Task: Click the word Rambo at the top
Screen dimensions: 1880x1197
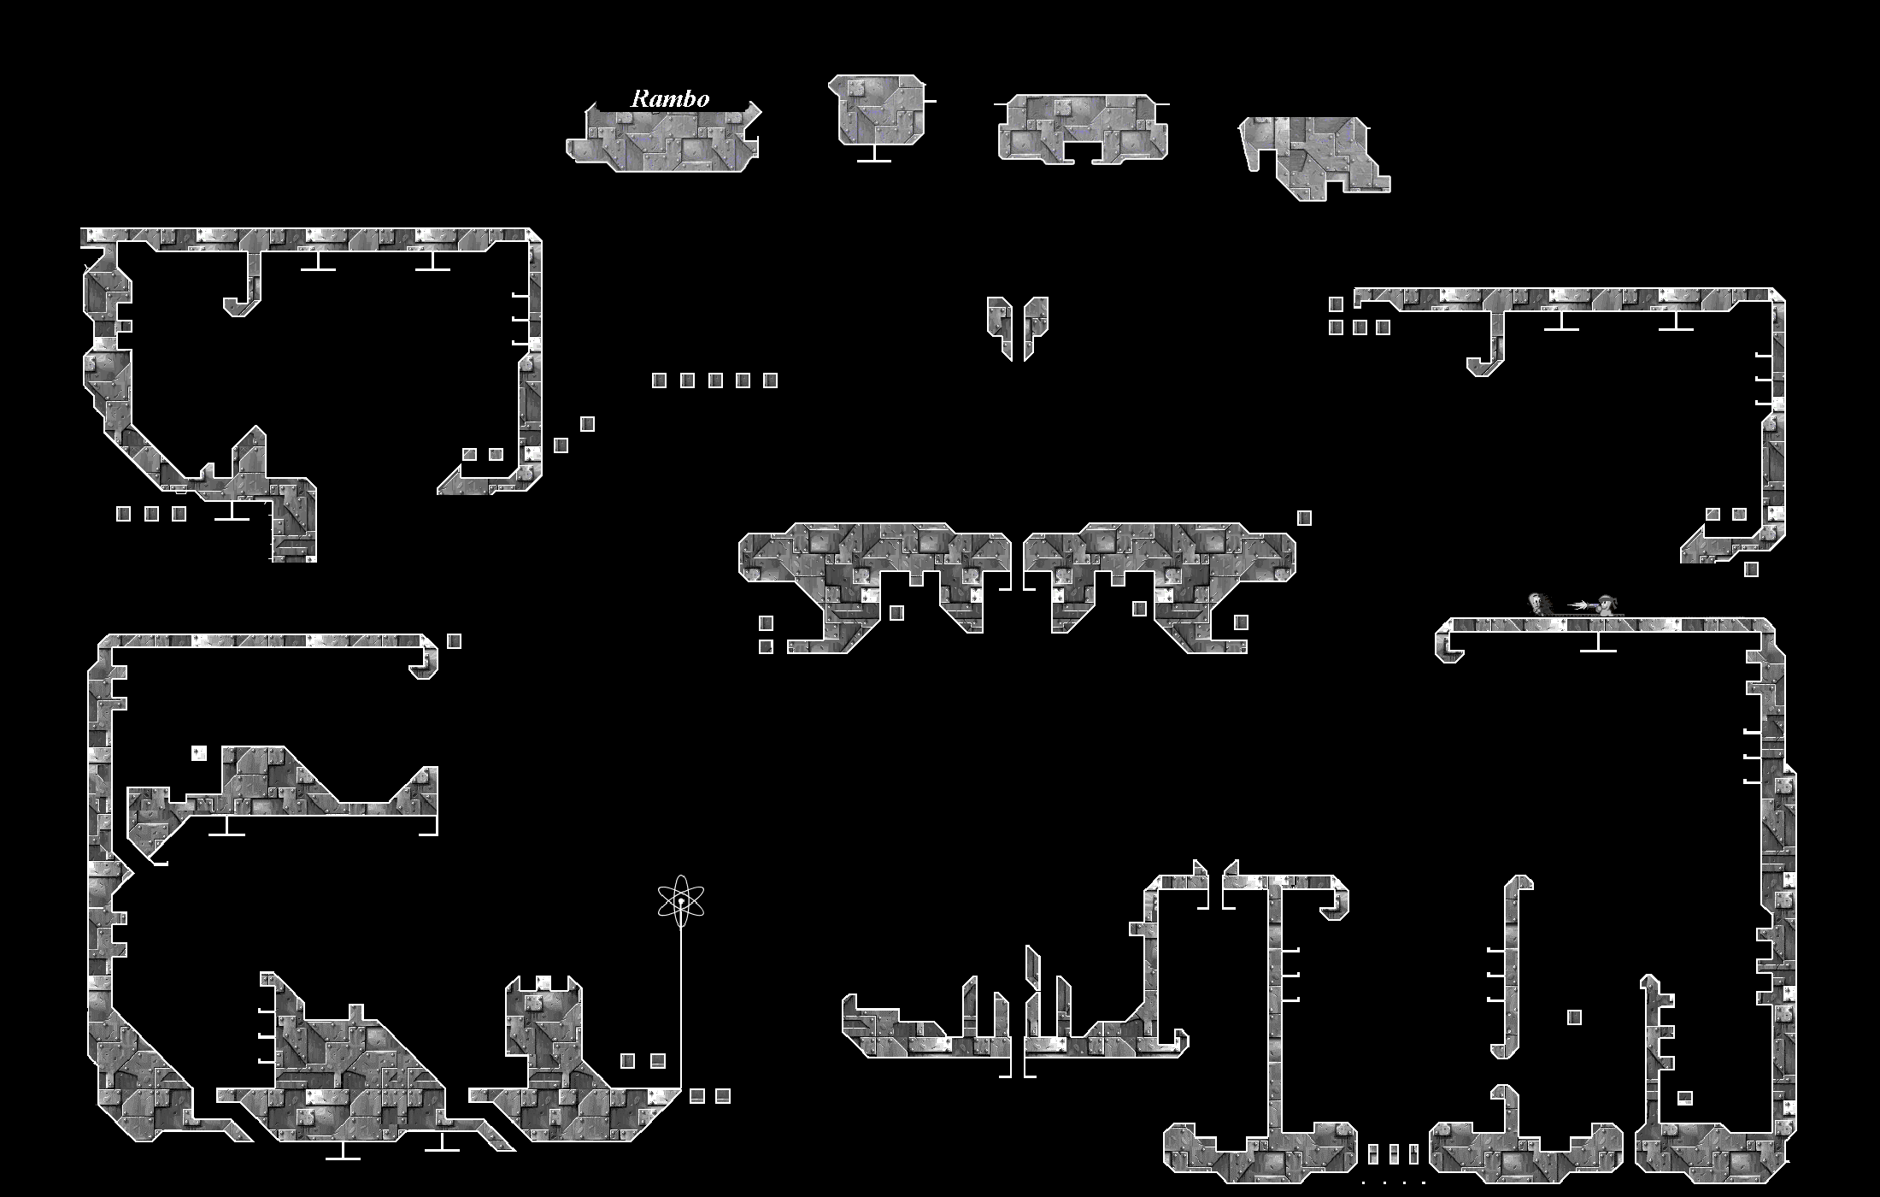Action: pos(670,99)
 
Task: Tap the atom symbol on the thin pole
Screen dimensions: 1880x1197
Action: pos(681,901)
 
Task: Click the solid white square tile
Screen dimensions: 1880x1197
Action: pos(199,753)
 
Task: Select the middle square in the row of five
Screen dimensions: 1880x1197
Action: pos(715,380)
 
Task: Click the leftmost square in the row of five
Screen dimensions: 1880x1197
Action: pos(659,380)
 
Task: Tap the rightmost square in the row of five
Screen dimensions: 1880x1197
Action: pos(770,380)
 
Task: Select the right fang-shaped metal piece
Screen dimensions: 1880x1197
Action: pos(1035,325)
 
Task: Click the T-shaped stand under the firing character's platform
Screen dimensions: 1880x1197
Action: pos(1598,642)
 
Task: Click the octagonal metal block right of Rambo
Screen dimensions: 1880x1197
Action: pos(876,109)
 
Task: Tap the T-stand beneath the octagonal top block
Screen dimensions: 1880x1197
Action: pos(873,154)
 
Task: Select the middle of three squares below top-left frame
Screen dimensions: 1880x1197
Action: pos(151,514)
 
